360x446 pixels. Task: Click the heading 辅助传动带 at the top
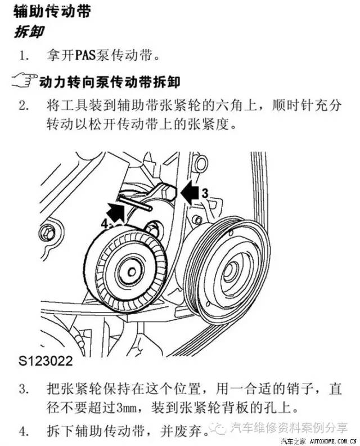click(51, 11)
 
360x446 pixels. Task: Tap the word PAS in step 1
click(86, 56)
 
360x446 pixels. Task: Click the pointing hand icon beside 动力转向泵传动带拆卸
click(24, 81)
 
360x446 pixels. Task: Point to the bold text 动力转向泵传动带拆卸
click(110, 82)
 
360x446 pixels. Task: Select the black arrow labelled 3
click(188, 193)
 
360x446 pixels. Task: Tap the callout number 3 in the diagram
click(205, 193)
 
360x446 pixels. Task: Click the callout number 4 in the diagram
click(104, 223)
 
